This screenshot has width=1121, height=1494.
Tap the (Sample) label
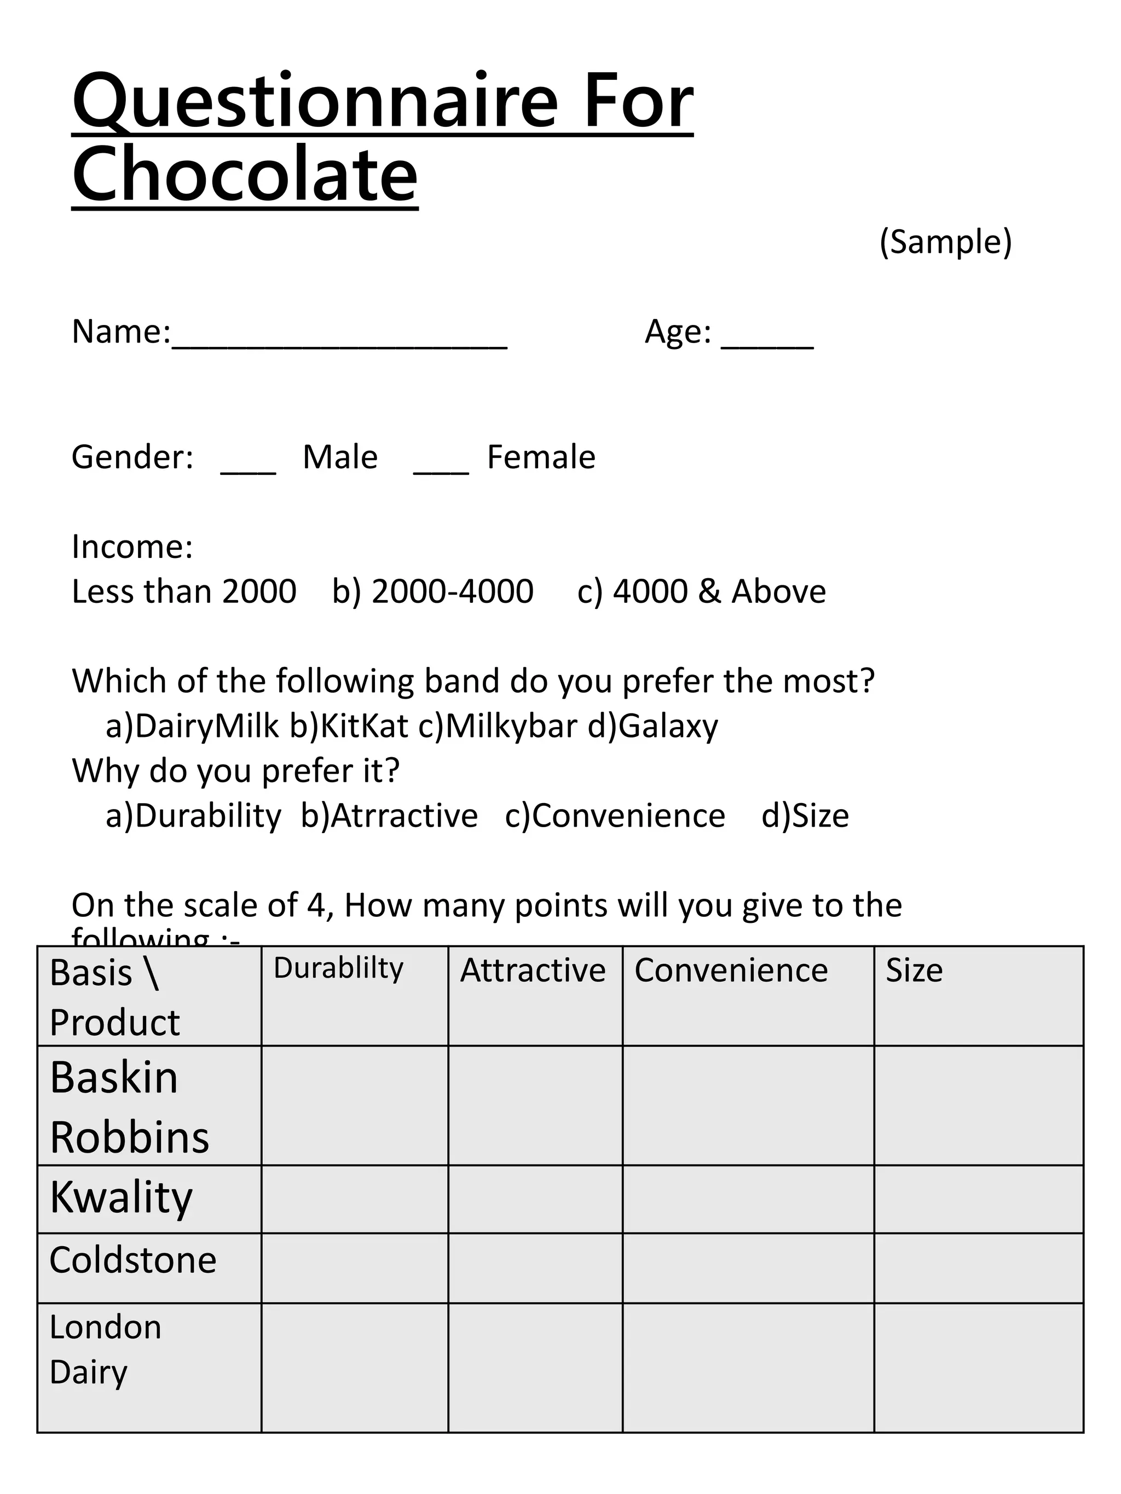[x=945, y=242]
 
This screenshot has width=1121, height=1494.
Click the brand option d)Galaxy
[x=653, y=726]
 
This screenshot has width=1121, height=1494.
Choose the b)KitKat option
[x=349, y=726]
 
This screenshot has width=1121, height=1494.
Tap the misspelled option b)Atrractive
[x=389, y=816]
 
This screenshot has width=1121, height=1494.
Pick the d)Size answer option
[x=805, y=816]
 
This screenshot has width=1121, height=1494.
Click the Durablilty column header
[x=338, y=968]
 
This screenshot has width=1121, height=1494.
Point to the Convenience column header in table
[x=731, y=970]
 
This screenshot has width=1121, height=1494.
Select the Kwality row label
[x=122, y=1197]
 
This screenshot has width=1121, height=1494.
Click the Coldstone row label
[x=133, y=1260]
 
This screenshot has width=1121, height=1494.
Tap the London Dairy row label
[x=106, y=1350]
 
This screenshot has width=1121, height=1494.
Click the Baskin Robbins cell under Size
[x=979, y=1106]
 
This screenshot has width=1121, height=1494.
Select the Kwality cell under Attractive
[x=535, y=1199]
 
